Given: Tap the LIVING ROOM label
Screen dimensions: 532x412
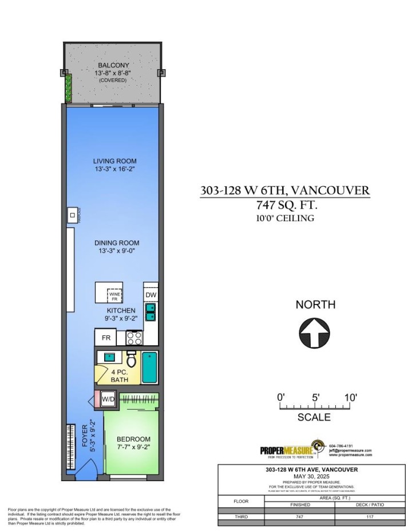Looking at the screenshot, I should pos(116,161).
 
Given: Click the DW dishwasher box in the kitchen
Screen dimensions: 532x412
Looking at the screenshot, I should pos(150,295).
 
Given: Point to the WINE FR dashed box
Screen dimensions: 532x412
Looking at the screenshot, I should pos(115,295).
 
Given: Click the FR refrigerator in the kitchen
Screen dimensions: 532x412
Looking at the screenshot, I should pos(106,338).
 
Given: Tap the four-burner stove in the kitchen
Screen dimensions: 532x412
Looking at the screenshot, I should pos(134,338).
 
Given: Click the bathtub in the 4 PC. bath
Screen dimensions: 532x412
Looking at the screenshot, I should pos(149,368).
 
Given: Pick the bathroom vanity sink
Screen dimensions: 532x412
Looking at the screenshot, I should pos(109,358).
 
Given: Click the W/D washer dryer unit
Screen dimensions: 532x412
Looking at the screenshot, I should pos(109,398).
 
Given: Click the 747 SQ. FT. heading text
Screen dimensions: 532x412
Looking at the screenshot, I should pos(285,205).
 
